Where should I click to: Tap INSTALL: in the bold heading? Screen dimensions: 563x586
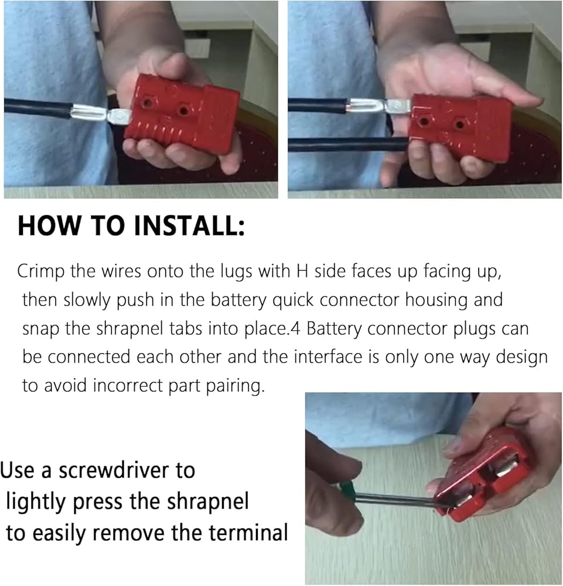pyautogui.click(x=189, y=226)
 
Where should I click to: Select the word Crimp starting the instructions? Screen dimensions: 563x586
pyautogui.click(x=41, y=272)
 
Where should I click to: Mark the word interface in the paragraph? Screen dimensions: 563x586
pyautogui.click(x=328, y=357)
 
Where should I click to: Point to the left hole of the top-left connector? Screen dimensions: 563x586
pyautogui.click(x=148, y=102)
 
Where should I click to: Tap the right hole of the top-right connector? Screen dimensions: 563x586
pyautogui.click(x=459, y=124)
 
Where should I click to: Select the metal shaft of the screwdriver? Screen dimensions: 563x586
pyautogui.click(x=402, y=501)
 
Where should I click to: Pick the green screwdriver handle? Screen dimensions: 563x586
pyautogui.click(x=346, y=490)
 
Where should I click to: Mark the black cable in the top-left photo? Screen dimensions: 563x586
pyautogui.click(x=37, y=108)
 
